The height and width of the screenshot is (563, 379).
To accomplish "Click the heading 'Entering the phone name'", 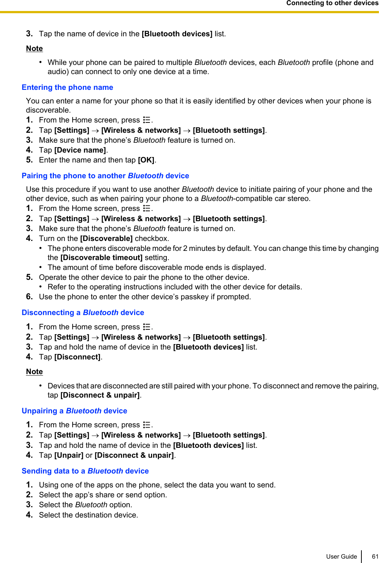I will [67, 87].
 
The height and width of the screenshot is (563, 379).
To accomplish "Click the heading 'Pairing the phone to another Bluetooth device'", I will [105, 176].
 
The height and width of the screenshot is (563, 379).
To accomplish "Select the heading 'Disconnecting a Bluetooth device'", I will [83, 312].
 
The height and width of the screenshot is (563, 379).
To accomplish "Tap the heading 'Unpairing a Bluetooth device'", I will [74, 411].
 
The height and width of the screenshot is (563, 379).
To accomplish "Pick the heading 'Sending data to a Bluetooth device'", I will [85, 471].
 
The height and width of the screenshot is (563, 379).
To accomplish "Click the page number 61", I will [375, 556].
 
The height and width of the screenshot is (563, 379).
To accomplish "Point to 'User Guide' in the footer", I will [341, 556].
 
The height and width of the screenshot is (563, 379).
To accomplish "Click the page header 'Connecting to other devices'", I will [332, 3].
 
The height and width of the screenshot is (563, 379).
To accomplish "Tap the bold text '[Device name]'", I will [80, 150].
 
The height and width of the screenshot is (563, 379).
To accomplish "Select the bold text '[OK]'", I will [146, 160].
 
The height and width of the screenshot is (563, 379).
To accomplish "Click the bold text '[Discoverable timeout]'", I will [101, 257].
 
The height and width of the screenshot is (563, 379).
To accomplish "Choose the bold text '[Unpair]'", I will [69, 455].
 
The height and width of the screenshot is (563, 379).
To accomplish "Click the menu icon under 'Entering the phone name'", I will [147, 120].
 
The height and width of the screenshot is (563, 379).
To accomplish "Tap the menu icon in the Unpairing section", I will [147, 425].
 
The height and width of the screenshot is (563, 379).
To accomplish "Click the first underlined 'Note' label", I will [34, 48].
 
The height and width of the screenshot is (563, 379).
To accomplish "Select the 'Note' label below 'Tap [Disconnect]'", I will [34, 372].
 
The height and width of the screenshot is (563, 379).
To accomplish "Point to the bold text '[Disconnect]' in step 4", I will [77, 357].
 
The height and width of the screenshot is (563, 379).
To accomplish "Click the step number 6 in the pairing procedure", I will [29, 296].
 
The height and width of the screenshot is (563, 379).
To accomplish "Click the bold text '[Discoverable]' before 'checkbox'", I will [106, 238].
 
